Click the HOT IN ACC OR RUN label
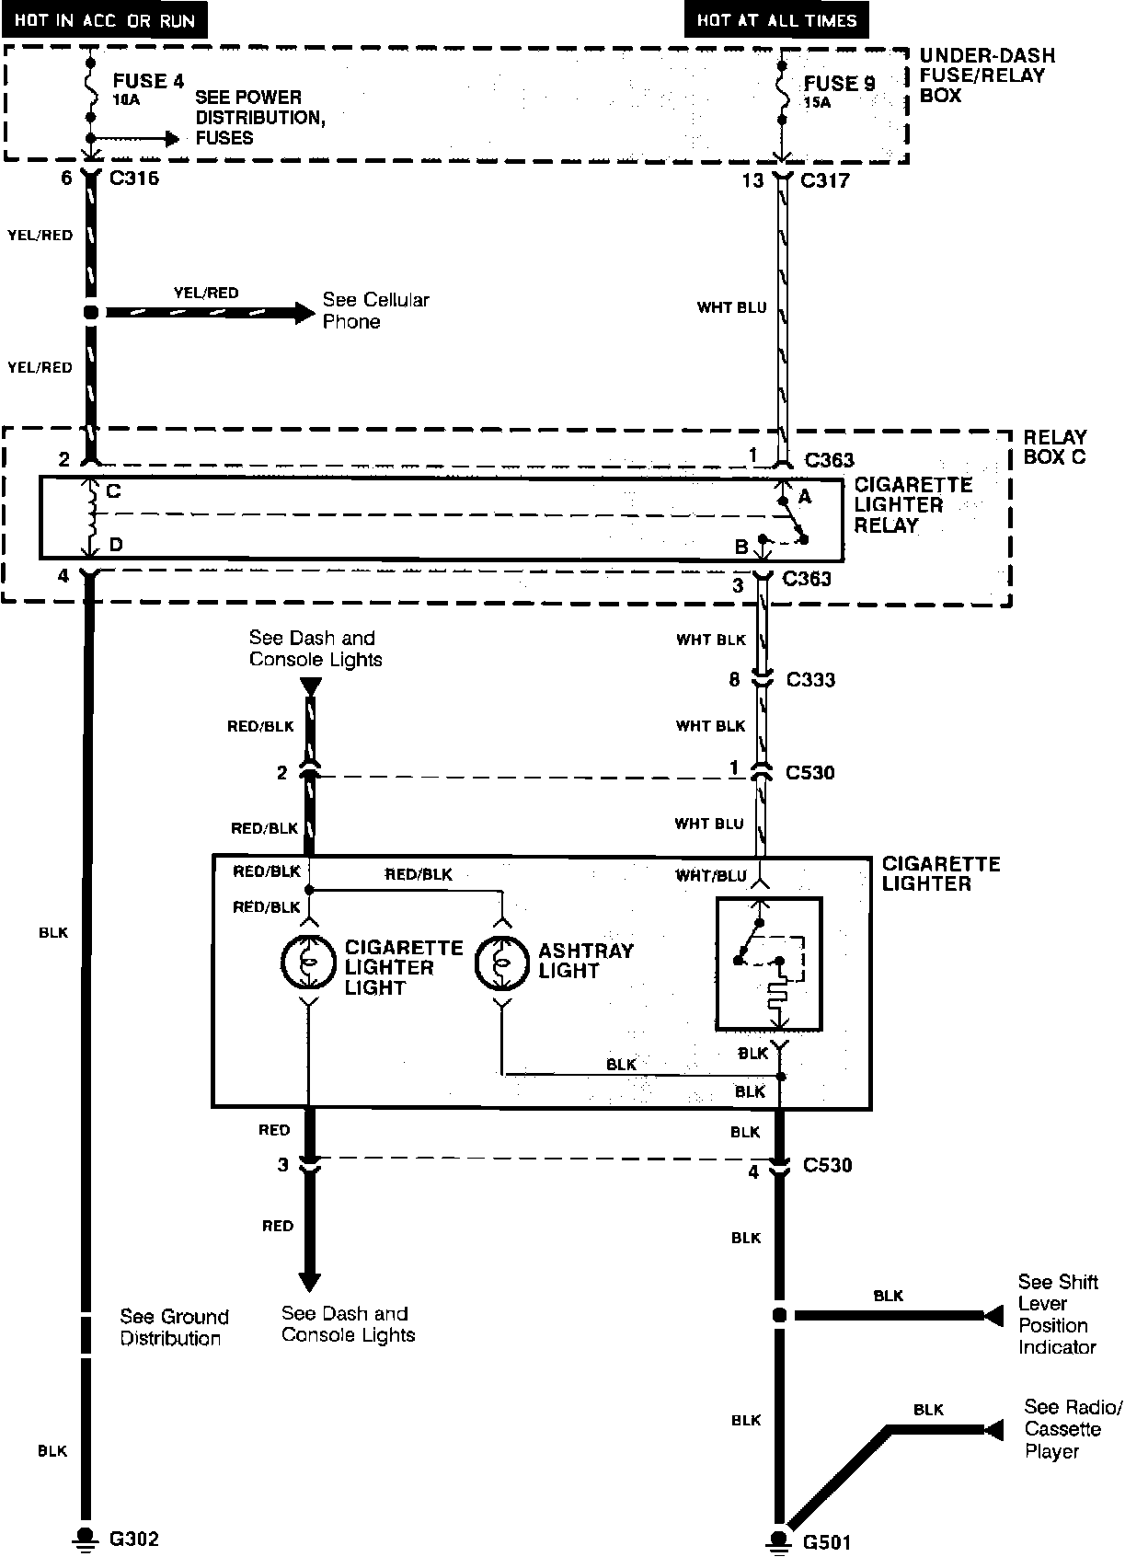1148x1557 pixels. click(104, 19)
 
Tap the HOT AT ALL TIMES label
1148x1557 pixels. click(775, 19)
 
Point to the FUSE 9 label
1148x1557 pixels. click(839, 84)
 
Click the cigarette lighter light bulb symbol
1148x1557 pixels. click(307, 963)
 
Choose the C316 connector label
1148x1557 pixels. click(134, 178)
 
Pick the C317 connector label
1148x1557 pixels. click(825, 180)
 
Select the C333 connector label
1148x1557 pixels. click(810, 680)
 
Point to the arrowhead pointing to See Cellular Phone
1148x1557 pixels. click(304, 313)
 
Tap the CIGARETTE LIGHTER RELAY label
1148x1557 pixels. click(913, 504)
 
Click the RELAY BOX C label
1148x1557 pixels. click(1054, 446)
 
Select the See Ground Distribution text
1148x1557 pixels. click(173, 1327)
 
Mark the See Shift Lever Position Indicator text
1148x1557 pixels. click(1057, 1314)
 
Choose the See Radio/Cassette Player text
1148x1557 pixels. click(1073, 1429)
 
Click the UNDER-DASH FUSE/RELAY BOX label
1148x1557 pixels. click(987, 75)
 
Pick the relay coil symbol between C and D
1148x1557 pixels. click(90, 517)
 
